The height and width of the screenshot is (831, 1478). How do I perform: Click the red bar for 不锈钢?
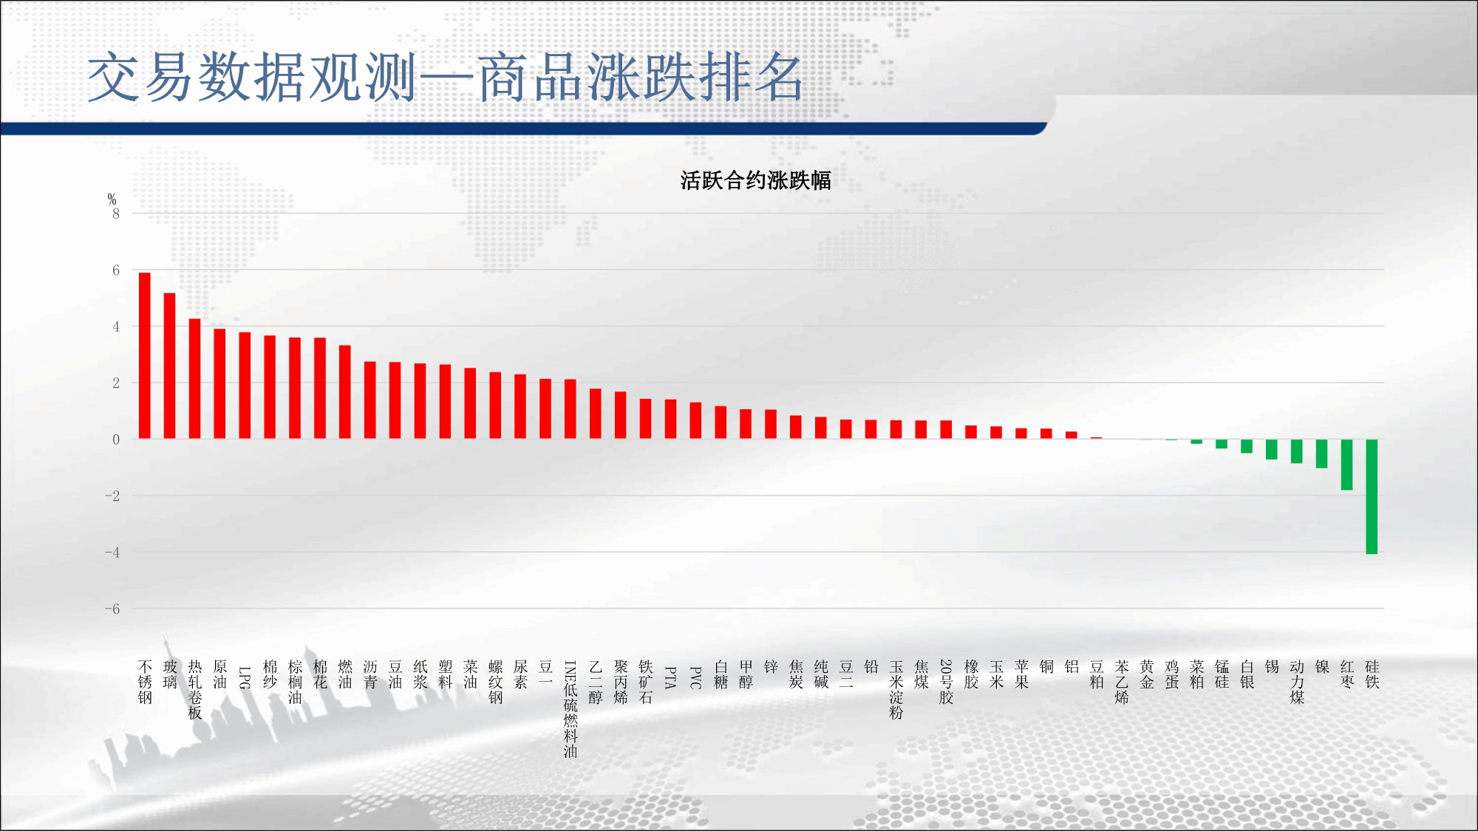(x=145, y=355)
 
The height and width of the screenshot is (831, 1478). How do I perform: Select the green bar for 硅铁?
(x=1372, y=496)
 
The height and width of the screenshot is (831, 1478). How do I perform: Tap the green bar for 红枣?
(x=1346, y=465)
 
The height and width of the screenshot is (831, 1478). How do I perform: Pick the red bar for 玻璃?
(x=170, y=366)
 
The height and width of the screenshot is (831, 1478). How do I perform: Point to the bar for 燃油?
(x=345, y=391)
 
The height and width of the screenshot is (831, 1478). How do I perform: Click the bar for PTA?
(x=671, y=419)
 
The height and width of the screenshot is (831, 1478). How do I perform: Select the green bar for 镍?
(x=1321, y=454)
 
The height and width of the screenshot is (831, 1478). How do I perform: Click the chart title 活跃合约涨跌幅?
(x=755, y=180)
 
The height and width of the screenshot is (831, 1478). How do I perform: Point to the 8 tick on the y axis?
(x=116, y=213)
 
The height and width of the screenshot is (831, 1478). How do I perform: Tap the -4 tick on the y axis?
(x=112, y=553)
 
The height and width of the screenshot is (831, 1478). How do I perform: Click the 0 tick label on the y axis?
(x=116, y=440)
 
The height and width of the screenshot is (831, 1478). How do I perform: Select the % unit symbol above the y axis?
(x=112, y=199)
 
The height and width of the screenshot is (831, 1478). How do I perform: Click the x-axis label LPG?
(x=245, y=677)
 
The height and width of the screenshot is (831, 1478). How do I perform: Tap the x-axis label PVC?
(x=695, y=677)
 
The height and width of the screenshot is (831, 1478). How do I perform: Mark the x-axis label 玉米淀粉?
(x=896, y=690)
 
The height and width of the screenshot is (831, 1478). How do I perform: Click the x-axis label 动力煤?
(x=1297, y=682)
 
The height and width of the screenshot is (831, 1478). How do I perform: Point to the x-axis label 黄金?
(x=1147, y=674)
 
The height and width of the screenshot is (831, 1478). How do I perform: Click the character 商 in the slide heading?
(x=505, y=78)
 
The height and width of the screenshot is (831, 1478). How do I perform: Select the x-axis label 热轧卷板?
(x=195, y=690)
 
